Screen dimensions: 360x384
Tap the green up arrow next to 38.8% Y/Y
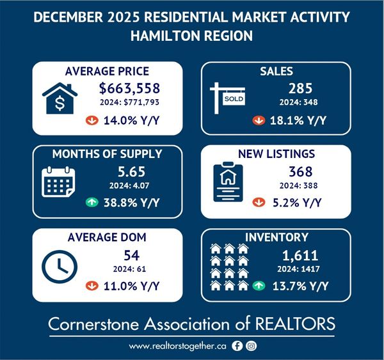(x=93, y=203)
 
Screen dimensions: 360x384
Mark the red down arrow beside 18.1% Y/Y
(x=259, y=118)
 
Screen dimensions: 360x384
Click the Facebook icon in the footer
(x=237, y=346)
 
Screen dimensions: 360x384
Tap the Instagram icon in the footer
(x=252, y=346)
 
